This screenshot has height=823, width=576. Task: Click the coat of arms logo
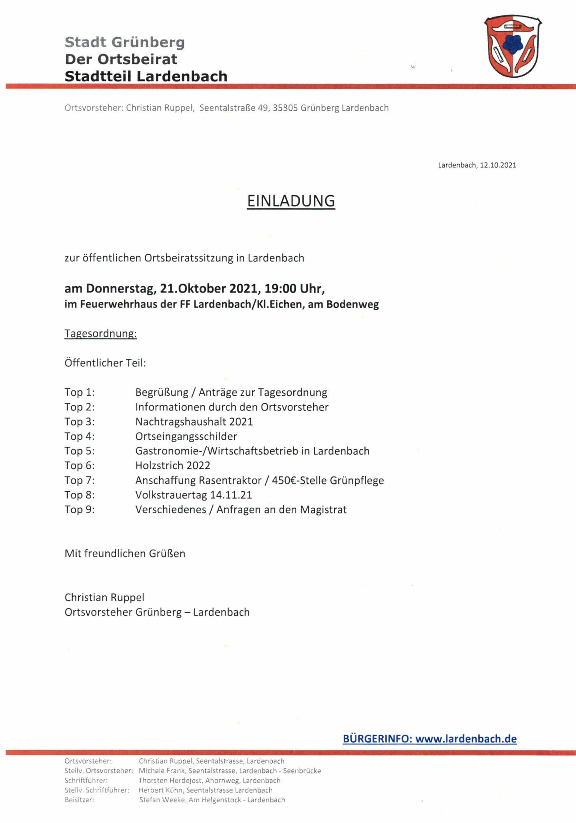513,46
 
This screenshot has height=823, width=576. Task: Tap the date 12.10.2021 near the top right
498,165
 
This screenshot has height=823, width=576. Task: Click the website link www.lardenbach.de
466,739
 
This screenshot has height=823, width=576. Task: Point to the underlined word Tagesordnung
100,334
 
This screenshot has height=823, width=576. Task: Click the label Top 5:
80,451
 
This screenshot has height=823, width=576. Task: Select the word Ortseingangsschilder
186,436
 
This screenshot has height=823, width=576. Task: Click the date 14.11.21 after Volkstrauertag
231,495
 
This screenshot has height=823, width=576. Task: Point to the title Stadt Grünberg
125,42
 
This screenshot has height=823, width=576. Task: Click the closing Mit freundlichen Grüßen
125,554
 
